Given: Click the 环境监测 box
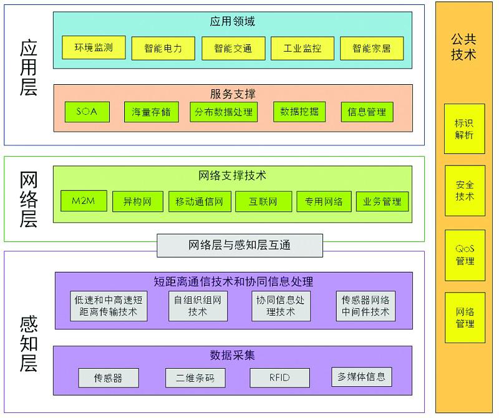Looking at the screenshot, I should (94, 47).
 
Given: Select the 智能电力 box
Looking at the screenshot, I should (163, 48).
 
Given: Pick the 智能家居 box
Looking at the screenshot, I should (371, 48).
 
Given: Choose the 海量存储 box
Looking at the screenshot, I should (150, 112).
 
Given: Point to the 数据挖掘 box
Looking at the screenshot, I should (299, 112).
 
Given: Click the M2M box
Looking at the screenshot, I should (84, 201).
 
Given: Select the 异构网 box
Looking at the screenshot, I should (137, 202).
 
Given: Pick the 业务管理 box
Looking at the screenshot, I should (382, 202).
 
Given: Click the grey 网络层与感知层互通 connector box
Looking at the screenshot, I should (240, 245).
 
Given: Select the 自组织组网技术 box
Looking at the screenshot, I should (198, 306).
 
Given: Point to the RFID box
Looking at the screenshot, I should (279, 377).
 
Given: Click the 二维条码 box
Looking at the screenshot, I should (195, 377).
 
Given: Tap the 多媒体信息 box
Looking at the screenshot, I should (362, 376).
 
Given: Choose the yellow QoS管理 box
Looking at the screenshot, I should (465, 255).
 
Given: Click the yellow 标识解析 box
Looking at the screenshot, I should (465, 129).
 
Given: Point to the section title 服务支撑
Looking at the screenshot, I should (233, 94).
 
